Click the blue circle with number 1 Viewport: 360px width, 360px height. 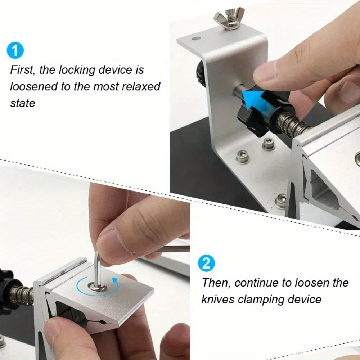(15, 50)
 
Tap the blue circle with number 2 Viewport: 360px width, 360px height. (206, 264)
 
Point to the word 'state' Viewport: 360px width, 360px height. (22, 103)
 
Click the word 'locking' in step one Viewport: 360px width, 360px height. (76, 70)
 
